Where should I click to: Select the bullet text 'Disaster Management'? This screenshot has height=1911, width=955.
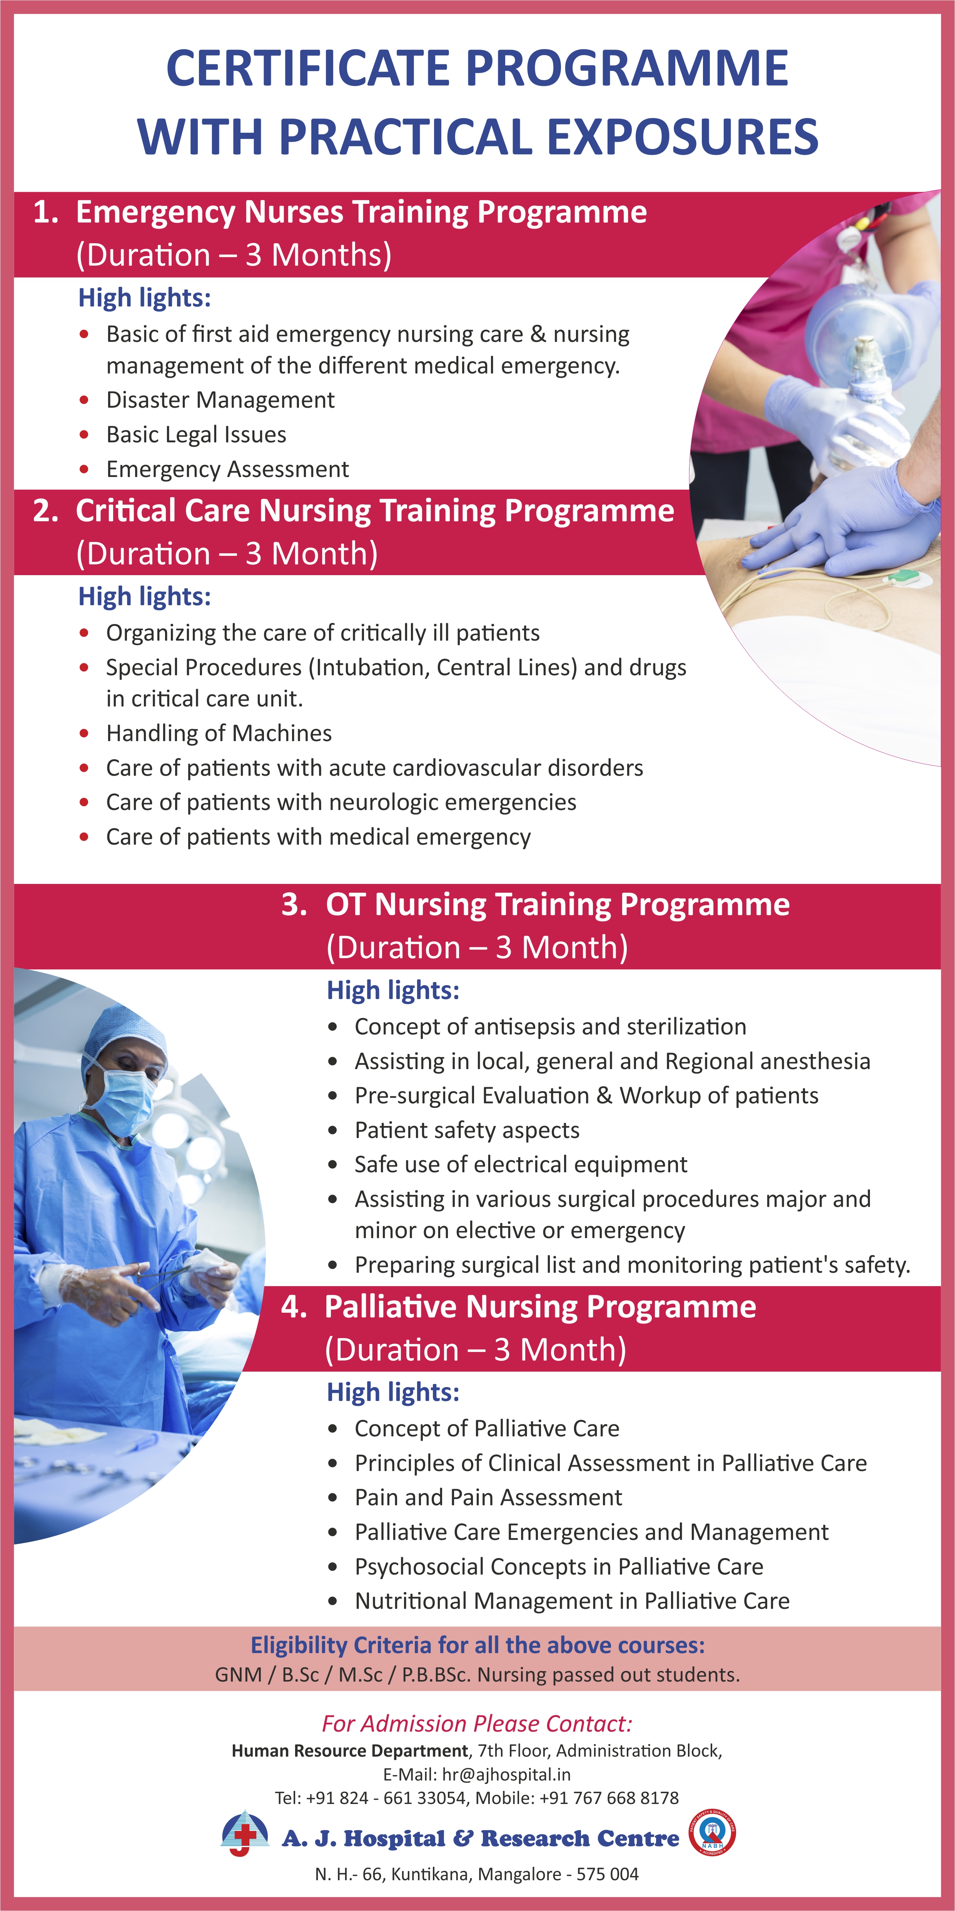click(x=220, y=400)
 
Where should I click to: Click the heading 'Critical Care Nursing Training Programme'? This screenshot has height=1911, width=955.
click(x=375, y=511)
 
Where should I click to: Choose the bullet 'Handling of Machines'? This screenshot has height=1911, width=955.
click(x=219, y=733)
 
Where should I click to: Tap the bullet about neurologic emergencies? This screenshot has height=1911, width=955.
click(x=341, y=802)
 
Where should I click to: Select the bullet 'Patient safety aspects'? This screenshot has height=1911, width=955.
click(x=467, y=1130)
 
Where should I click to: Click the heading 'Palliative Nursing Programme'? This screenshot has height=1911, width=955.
click(x=541, y=1307)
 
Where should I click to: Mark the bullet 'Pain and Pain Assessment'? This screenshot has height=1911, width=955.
click(x=489, y=1497)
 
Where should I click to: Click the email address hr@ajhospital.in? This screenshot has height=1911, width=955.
click(x=506, y=1774)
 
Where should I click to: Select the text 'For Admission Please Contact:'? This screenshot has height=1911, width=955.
click(x=477, y=1723)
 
